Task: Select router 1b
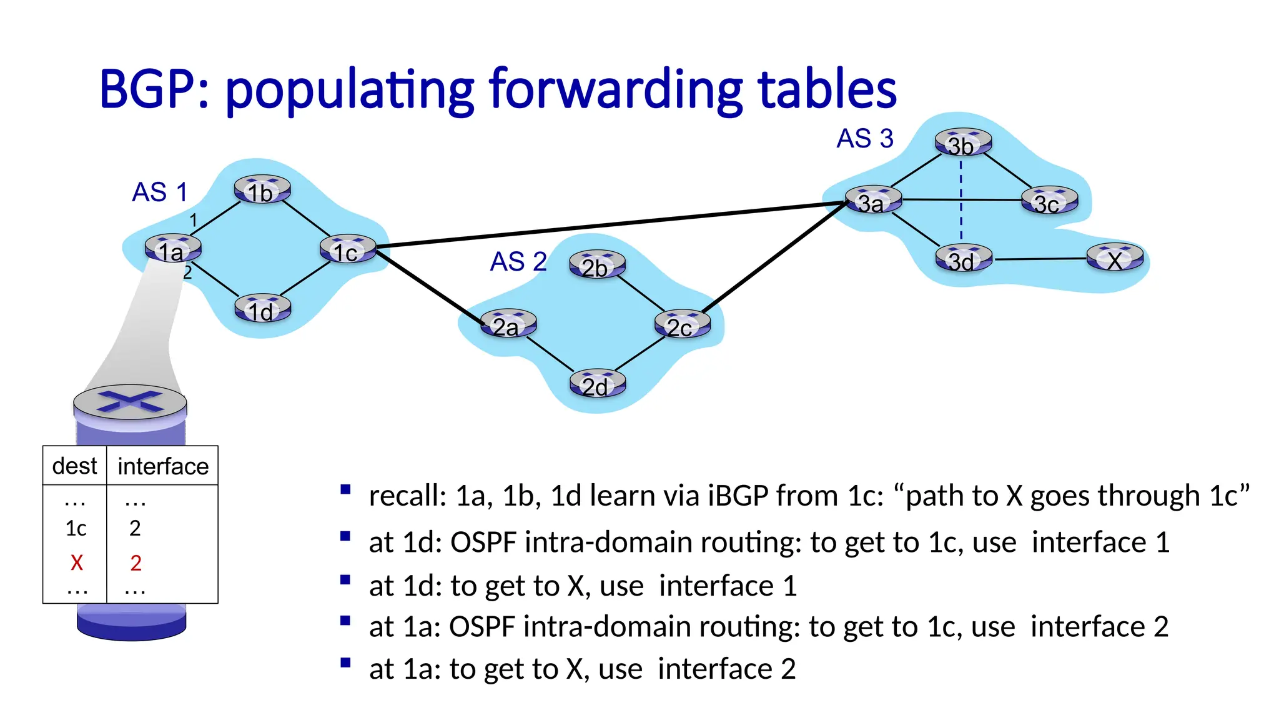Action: pos(262,190)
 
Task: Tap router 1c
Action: pos(348,250)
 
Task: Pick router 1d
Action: pos(262,309)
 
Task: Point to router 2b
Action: pos(597,265)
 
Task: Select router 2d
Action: pos(597,384)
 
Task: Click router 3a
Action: pos(873,201)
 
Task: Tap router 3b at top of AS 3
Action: pos(963,143)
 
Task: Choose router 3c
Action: pos(1049,201)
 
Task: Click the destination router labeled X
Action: pos(1115,258)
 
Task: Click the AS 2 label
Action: pos(518,261)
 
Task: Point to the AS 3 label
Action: pos(865,138)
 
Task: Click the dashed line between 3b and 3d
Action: pos(961,187)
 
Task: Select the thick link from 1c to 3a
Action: pos(612,224)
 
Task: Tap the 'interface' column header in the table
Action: pos(163,466)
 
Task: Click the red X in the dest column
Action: pos(77,562)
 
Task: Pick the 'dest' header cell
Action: pos(74,466)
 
